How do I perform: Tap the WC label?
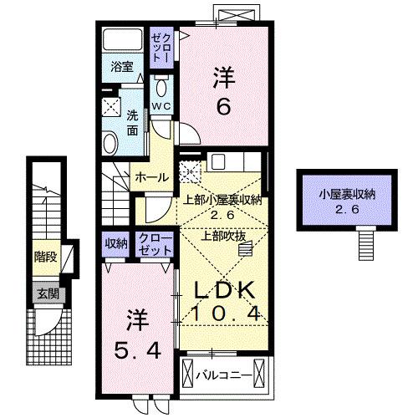[161, 106]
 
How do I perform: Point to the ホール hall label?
[151, 177]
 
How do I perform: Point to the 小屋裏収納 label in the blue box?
[346, 195]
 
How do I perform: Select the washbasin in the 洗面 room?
[111, 144]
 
